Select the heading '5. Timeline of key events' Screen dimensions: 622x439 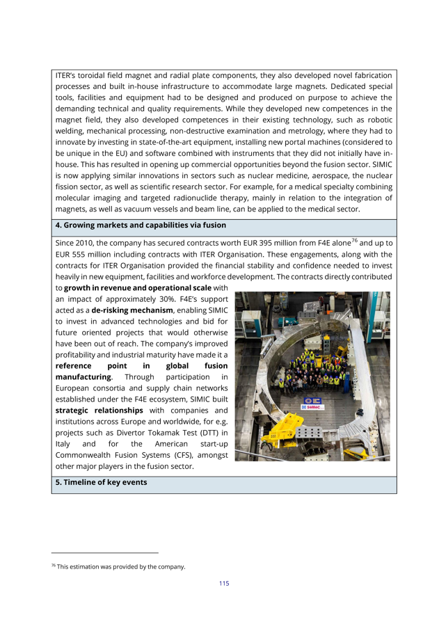pyautogui.click(x=100, y=482)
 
